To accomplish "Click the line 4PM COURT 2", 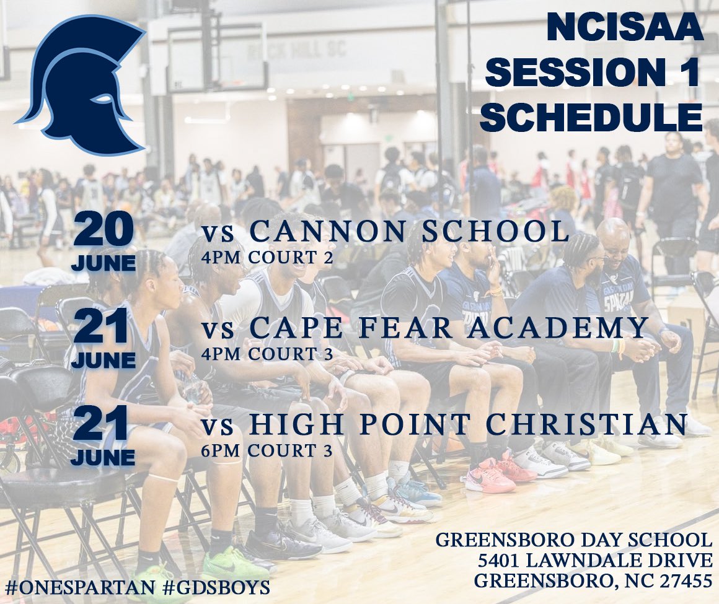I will point(267,257).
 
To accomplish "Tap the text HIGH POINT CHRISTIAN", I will point(468,424).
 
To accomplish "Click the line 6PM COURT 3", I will point(267,451).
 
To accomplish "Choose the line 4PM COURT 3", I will point(267,354).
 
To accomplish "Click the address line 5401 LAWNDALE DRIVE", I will point(595,560).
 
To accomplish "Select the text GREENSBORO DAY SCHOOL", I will point(574,540).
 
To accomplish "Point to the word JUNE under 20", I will point(104,264).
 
